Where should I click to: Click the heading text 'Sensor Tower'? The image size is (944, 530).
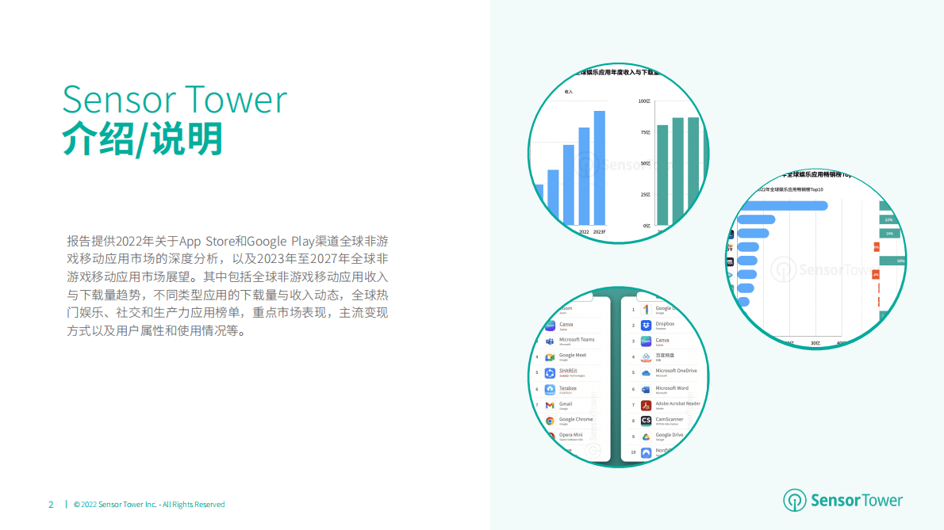click(175, 101)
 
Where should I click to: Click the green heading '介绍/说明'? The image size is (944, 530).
click(142, 139)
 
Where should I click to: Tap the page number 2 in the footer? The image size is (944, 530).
click(51, 505)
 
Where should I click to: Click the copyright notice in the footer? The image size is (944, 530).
click(149, 505)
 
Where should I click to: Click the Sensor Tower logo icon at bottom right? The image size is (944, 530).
click(794, 500)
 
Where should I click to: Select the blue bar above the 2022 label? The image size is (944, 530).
click(584, 175)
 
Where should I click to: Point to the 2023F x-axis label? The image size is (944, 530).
click(599, 231)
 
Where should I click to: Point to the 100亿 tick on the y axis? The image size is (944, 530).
click(645, 101)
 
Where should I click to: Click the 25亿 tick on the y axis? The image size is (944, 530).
click(646, 194)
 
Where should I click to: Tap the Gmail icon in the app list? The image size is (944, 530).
click(549, 406)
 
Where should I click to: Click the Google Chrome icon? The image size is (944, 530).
click(549, 421)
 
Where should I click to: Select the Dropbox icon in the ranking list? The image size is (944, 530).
click(647, 326)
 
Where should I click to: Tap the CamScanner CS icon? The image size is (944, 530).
click(647, 421)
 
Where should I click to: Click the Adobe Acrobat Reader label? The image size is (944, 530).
click(677, 403)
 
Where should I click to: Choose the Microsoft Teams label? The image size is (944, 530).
click(577, 339)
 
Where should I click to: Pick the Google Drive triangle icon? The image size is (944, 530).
click(647, 437)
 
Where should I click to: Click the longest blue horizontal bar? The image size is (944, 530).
click(782, 206)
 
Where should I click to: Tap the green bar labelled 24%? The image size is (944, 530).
click(890, 234)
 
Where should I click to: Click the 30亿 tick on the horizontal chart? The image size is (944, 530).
click(815, 343)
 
